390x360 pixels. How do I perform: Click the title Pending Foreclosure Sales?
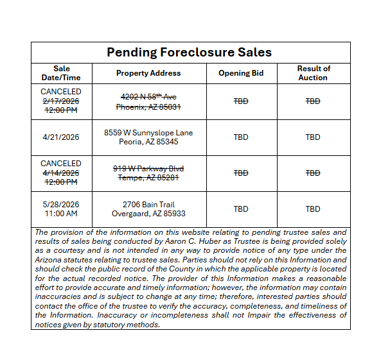pos(189,53)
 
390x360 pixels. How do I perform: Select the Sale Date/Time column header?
pos(62,73)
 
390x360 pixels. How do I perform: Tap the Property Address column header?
pos(148,73)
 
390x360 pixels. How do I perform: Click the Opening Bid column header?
pos(241,73)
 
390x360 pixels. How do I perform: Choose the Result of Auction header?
pos(313,73)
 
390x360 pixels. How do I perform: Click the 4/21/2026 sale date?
pos(61,137)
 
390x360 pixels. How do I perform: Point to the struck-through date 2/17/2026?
pos(61,101)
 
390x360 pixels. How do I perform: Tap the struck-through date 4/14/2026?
pos(61,173)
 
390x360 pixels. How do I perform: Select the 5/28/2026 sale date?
pos(61,204)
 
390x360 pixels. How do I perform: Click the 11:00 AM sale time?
pos(61,213)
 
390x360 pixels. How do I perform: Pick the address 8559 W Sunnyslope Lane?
pos(148,133)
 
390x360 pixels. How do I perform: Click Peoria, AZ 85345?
pos(148,142)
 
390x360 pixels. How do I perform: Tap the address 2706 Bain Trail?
pos(148,204)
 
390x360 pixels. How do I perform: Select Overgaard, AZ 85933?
pos(148,213)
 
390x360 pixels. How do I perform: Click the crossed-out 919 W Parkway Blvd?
pos(148,168)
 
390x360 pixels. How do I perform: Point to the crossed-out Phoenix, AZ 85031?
pos(148,106)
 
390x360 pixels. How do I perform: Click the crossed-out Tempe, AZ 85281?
pos(148,177)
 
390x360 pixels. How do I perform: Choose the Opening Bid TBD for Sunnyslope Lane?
pos(241,137)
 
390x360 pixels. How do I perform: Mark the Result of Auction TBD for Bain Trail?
pos(313,209)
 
